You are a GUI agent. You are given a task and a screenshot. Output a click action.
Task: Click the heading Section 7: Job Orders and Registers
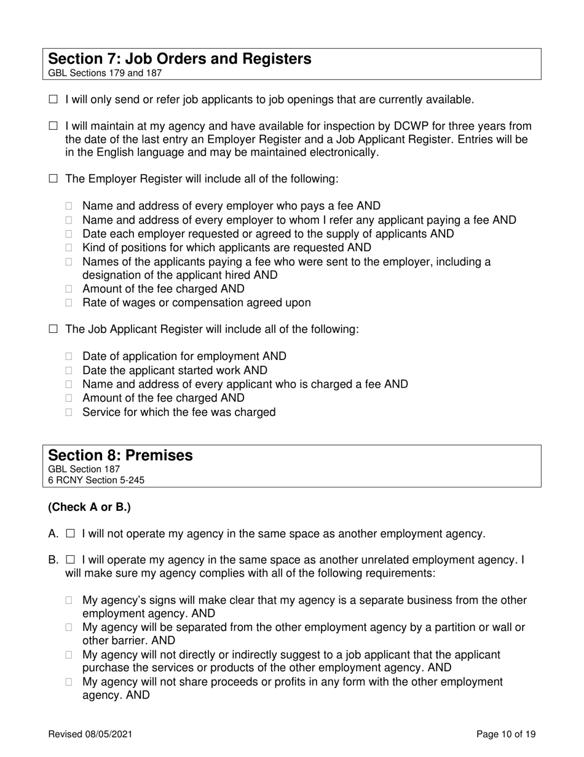point(180,59)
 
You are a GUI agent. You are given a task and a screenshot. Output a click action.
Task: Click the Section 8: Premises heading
point(120,455)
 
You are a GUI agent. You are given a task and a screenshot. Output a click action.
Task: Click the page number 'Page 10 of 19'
point(507,734)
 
